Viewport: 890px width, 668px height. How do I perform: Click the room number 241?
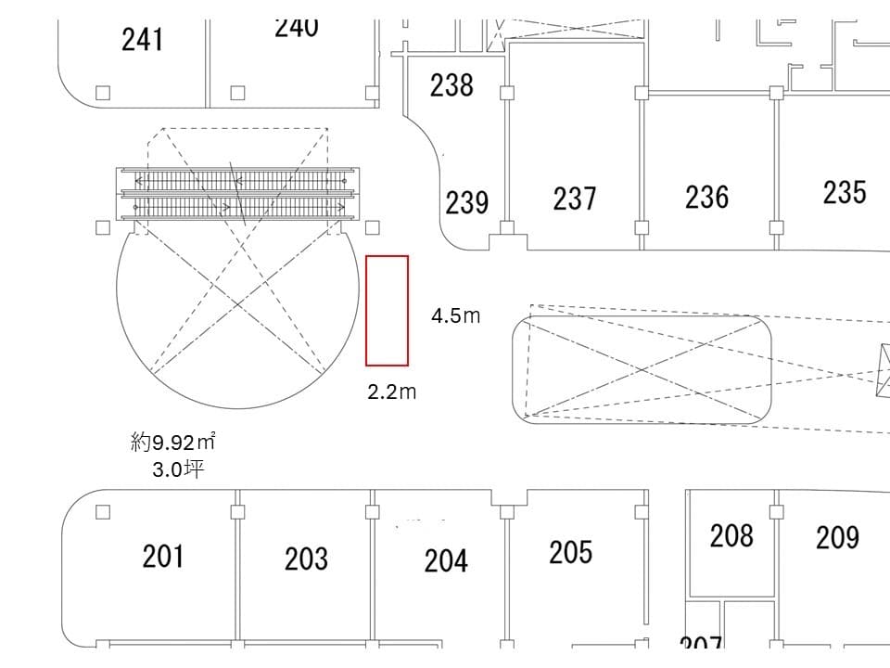(143, 40)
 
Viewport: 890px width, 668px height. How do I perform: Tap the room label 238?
(451, 85)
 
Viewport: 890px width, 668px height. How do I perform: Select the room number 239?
(466, 202)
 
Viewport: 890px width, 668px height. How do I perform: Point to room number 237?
(575, 199)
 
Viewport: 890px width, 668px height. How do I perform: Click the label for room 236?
(706, 197)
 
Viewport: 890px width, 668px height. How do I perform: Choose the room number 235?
(845, 192)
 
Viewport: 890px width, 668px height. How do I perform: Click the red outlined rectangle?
(387, 310)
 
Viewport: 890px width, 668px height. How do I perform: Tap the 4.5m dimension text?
(455, 315)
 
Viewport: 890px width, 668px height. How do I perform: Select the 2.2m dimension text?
(391, 392)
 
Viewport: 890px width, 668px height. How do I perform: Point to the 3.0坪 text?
(178, 469)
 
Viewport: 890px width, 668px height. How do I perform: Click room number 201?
(162, 557)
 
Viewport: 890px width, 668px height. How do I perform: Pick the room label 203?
(305, 559)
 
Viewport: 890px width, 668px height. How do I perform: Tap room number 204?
(446, 560)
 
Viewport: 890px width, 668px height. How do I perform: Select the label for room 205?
(570, 552)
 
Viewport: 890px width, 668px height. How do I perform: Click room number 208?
(731, 535)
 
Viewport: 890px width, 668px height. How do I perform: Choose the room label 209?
(837, 537)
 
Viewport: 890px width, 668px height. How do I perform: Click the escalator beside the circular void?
(236, 193)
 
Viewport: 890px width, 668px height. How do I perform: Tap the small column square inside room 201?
(103, 512)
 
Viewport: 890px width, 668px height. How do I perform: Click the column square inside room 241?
(103, 93)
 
